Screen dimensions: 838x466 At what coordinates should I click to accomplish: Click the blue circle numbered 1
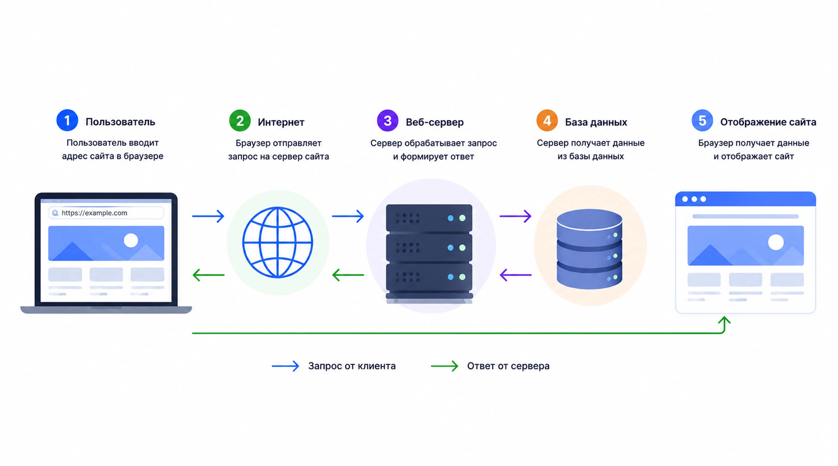(x=67, y=120)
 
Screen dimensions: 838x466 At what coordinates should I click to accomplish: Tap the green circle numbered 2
(x=240, y=121)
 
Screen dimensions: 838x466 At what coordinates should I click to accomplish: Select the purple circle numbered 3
(x=388, y=121)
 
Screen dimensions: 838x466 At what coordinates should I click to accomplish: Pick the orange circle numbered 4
(x=547, y=121)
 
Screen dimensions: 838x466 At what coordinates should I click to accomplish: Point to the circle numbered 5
(x=702, y=121)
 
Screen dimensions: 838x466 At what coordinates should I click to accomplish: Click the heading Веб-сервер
(x=435, y=122)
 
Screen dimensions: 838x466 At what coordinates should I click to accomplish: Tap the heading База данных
(x=596, y=122)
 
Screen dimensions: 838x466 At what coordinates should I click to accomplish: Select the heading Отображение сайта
(x=768, y=122)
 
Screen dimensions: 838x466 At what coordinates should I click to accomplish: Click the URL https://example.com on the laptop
(x=94, y=213)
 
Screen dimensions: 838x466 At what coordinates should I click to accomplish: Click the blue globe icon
(x=278, y=242)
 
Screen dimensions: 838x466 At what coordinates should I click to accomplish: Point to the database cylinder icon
(x=589, y=249)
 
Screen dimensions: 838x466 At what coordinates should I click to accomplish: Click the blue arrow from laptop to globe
(x=208, y=216)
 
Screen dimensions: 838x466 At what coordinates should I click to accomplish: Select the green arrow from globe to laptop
(x=208, y=275)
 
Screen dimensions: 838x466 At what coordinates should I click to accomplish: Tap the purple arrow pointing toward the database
(x=515, y=216)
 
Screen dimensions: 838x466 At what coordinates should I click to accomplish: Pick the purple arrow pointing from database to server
(x=516, y=275)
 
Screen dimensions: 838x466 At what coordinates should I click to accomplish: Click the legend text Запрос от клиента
(x=352, y=366)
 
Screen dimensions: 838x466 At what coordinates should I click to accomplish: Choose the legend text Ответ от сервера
(x=508, y=366)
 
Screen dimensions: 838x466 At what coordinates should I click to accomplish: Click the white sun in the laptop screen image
(x=131, y=241)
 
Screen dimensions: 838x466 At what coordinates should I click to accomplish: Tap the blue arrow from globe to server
(x=348, y=216)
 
